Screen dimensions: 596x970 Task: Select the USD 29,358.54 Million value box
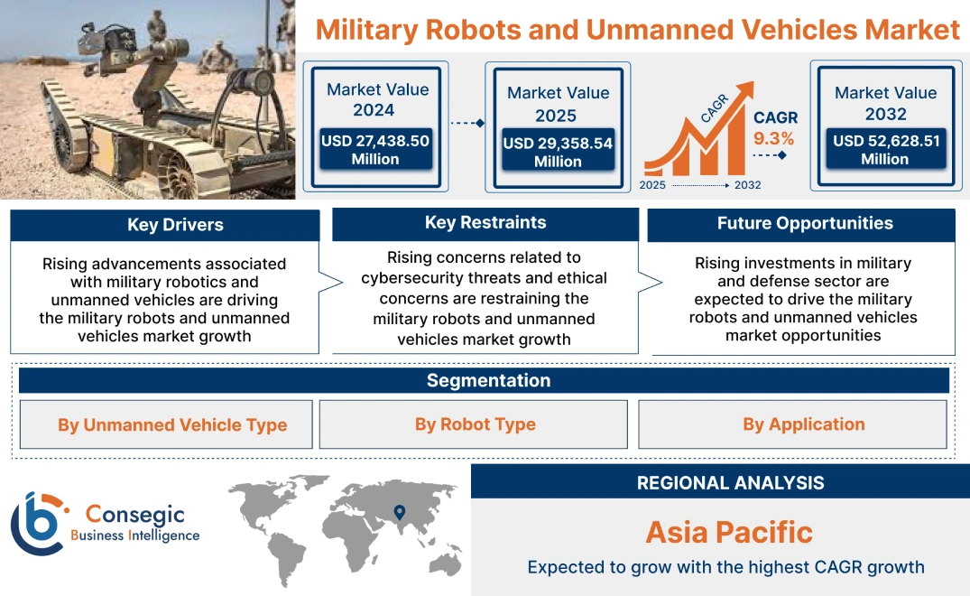pos(558,152)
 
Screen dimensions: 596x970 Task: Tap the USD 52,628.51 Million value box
pos(885,149)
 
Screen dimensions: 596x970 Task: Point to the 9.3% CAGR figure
pos(773,138)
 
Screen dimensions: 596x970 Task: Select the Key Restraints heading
pos(485,223)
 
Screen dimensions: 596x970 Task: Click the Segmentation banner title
pos(488,380)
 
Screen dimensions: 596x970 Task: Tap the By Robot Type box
pos(476,424)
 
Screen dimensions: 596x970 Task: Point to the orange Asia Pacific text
pos(729,531)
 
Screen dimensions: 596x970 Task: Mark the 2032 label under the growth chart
pos(747,184)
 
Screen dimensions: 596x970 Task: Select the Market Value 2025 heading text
pos(558,104)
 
